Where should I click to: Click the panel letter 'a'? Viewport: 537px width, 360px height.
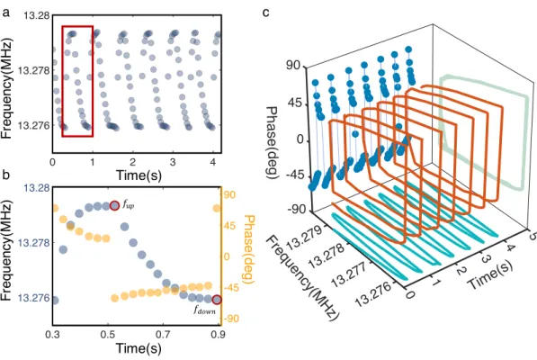[5, 14]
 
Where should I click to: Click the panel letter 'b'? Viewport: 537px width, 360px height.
[6, 175]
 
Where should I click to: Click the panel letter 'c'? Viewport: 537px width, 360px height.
[266, 13]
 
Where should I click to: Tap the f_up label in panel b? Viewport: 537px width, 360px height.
[129, 205]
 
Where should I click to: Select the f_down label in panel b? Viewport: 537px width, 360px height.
[204, 310]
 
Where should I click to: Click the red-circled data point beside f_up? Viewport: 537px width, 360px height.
[114, 206]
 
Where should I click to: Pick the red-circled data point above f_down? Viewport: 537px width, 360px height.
[217, 300]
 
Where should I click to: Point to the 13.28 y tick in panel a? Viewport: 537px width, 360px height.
[36, 16]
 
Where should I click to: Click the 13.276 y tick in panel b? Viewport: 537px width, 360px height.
[33, 298]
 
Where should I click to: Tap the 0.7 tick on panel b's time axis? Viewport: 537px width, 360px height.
[164, 335]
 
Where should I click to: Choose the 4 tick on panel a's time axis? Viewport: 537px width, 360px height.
[213, 162]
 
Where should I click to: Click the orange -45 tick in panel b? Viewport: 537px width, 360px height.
[232, 288]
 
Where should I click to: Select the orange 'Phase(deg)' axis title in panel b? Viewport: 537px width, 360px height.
[249, 249]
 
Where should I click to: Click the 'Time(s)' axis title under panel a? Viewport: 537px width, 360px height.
[139, 175]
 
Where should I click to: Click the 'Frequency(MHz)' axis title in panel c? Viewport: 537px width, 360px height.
[302, 278]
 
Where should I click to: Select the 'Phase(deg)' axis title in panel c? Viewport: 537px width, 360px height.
[273, 142]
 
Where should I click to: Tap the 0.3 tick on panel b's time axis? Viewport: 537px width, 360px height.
[52, 335]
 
